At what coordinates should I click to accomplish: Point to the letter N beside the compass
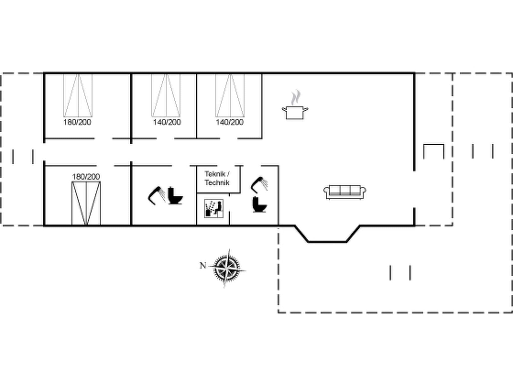[x=203, y=265]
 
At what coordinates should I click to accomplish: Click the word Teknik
[x=215, y=174]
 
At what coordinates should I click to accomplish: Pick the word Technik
[x=217, y=182]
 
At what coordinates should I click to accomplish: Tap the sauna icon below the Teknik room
[x=214, y=209]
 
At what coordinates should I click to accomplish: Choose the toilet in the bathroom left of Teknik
[x=175, y=196]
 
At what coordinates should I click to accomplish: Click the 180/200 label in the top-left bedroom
[x=77, y=122]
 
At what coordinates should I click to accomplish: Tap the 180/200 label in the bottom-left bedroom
[x=86, y=177]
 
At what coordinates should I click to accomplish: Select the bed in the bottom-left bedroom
[x=86, y=203]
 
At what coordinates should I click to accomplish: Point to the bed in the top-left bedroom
[x=78, y=95]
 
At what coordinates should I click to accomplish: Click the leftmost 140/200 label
[x=167, y=122]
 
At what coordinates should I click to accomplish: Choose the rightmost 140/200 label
[x=230, y=122]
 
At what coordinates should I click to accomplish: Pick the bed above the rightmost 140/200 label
[x=230, y=95]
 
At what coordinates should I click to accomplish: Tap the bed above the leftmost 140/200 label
[x=166, y=95]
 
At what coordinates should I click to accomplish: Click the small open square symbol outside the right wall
[x=434, y=151]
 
